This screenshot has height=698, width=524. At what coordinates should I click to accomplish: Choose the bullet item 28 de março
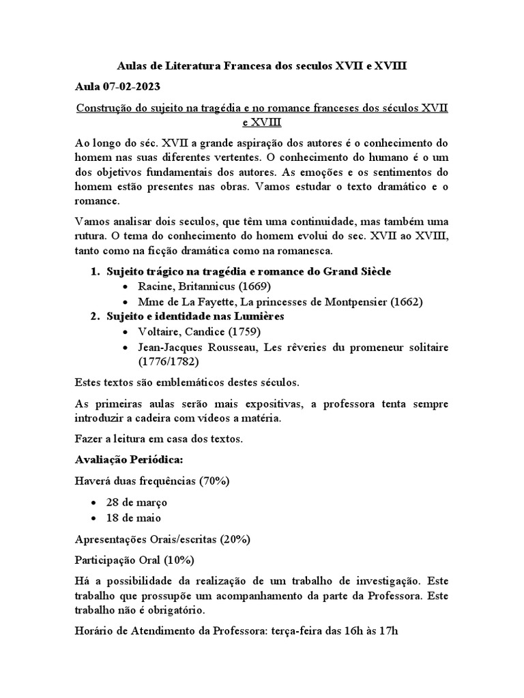[x=136, y=502]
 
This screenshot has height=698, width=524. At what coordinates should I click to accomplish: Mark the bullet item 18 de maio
[x=134, y=517]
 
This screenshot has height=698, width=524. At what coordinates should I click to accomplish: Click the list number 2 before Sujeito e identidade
[x=95, y=316]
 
